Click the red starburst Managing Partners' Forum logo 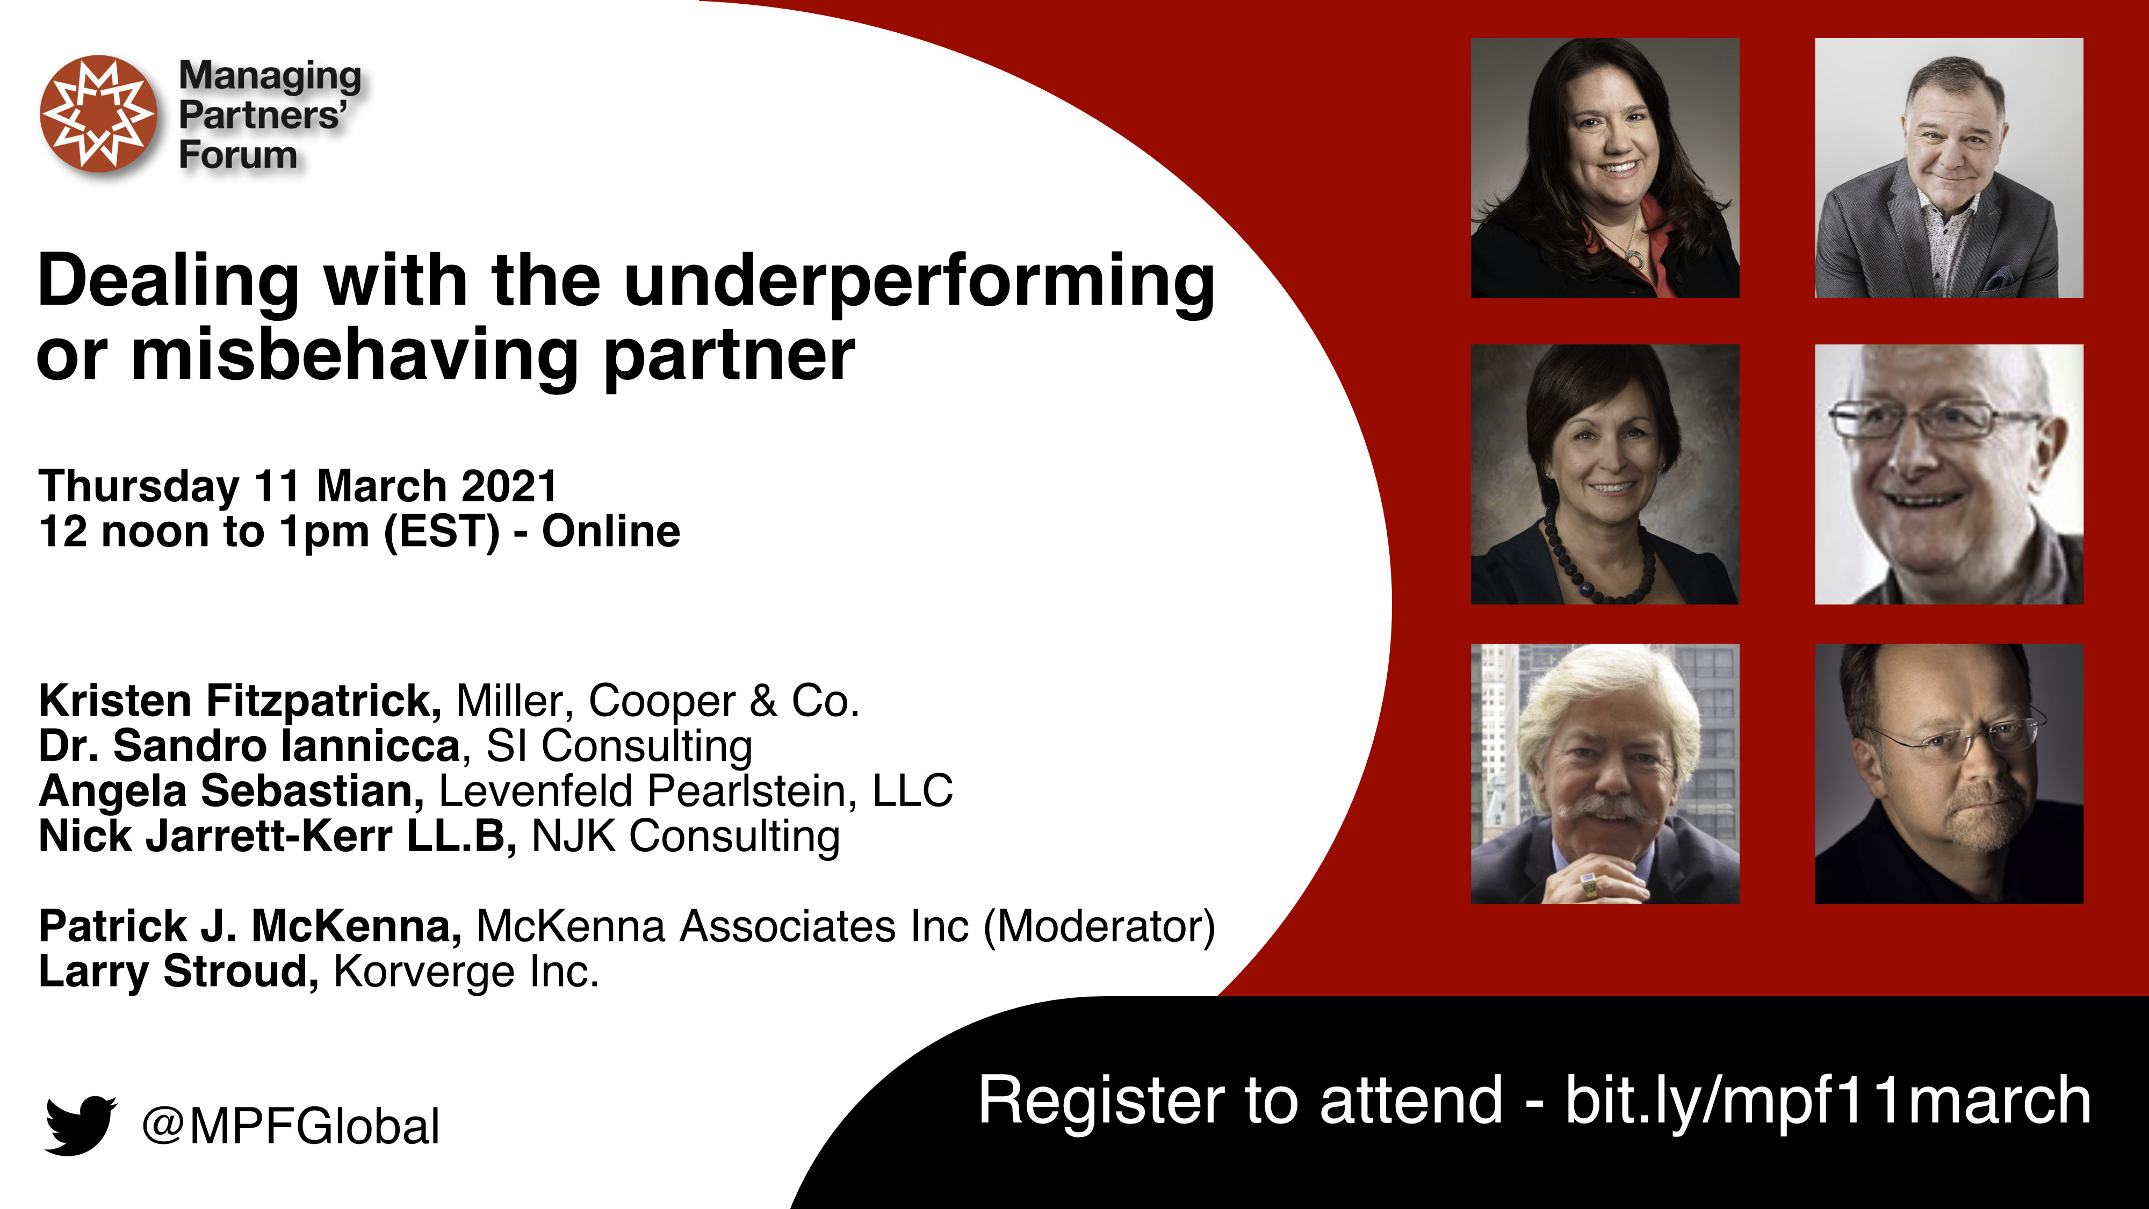point(98,113)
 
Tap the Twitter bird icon point(80,1126)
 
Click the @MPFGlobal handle point(290,1126)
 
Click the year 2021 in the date point(509,486)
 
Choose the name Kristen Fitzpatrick point(240,701)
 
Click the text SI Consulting point(619,745)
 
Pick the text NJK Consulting point(686,836)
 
